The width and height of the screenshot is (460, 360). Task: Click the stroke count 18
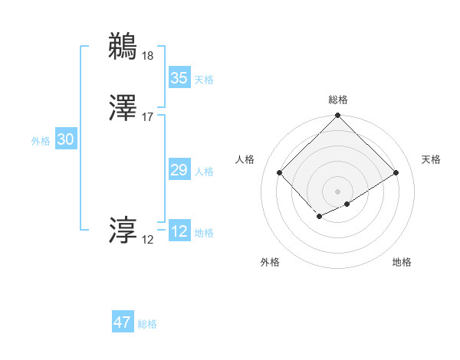pos(148,55)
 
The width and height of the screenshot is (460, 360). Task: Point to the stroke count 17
pos(148,117)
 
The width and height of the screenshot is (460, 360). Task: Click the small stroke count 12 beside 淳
pos(148,240)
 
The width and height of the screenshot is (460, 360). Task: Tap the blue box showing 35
pos(179,78)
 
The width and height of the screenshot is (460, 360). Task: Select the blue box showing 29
pos(179,170)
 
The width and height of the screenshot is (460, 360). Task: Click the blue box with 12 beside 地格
pos(179,232)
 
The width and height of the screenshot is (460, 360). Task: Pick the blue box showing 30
pos(66,139)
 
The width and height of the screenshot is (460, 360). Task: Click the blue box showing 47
pos(123,322)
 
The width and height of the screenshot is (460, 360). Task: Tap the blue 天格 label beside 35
pos(204,80)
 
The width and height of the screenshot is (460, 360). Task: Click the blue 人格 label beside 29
pos(204,172)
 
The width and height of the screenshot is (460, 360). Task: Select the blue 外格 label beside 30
pos(41,141)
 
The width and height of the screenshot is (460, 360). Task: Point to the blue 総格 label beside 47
pos(147,324)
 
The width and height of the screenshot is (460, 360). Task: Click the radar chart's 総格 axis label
pos(337,100)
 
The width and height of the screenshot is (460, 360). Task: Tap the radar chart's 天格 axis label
pos(431,159)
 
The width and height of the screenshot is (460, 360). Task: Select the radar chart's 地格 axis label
pos(402,263)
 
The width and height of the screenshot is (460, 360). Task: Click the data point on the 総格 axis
pos(337,116)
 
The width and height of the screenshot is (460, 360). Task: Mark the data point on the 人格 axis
pos(280,172)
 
